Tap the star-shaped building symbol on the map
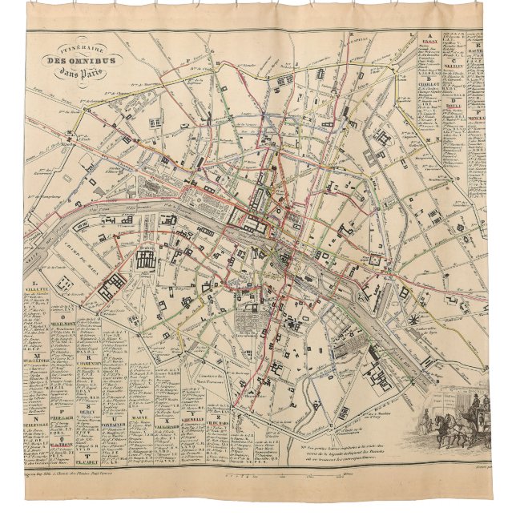point(413,321)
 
